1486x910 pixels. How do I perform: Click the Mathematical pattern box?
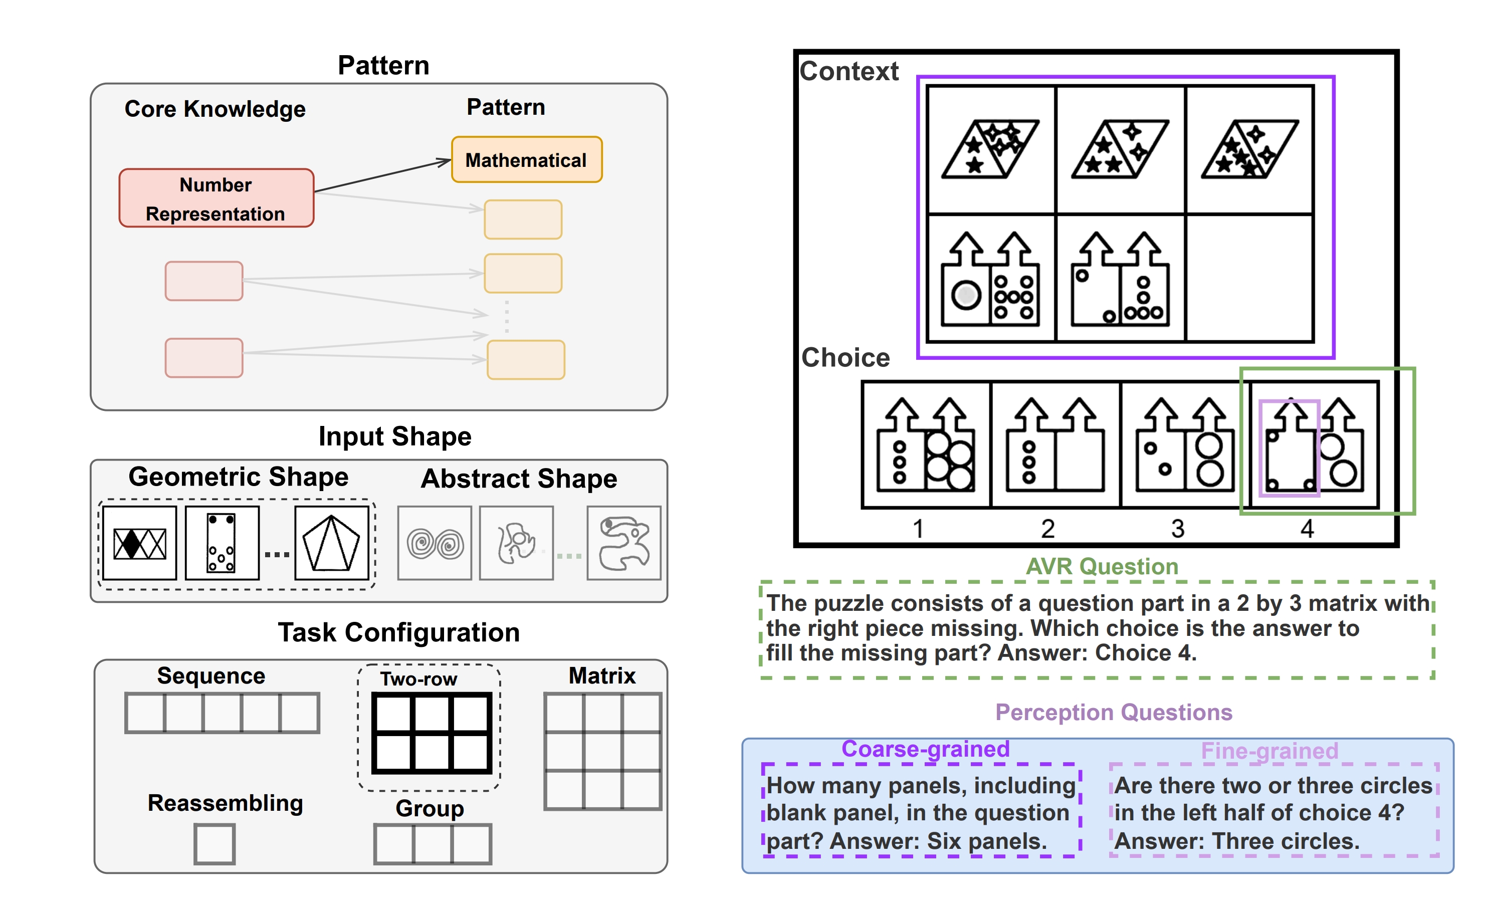[527, 160]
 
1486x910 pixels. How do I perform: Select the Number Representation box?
[216, 198]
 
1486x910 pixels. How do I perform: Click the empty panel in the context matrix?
[1249, 278]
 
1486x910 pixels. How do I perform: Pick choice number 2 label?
[1047, 529]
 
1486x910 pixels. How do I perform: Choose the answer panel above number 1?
[926, 444]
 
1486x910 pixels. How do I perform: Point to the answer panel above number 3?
[1185, 444]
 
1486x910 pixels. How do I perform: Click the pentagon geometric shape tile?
[332, 543]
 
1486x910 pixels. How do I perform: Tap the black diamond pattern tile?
[139, 543]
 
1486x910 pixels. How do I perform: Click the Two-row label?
[418, 679]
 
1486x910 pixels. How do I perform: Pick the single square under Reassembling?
[214, 844]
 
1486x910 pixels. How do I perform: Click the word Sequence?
[211, 676]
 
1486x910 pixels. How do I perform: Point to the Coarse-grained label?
[925, 749]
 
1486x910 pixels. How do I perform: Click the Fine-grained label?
[1269, 751]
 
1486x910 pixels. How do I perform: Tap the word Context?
[848, 71]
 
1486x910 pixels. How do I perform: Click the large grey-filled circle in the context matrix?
[966, 295]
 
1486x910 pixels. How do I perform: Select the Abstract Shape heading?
[519, 479]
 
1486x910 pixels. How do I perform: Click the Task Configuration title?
[398, 632]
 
